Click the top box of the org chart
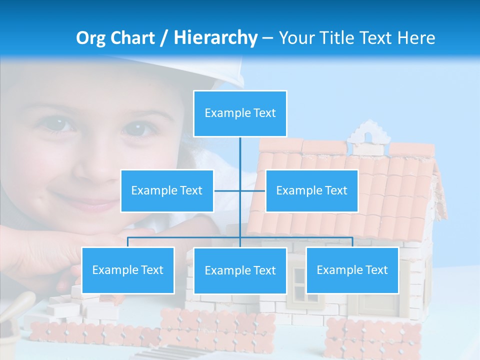pyautogui.click(x=240, y=113)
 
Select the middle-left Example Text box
pyautogui.click(x=167, y=190)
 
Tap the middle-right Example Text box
pyautogui.click(x=311, y=190)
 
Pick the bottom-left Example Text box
pyautogui.click(x=128, y=270)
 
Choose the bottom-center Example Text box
pyautogui.click(x=240, y=270)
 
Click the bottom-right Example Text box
pyautogui.click(x=352, y=270)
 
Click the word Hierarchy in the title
pyautogui.click(x=215, y=38)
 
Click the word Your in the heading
pyautogui.click(x=296, y=38)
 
